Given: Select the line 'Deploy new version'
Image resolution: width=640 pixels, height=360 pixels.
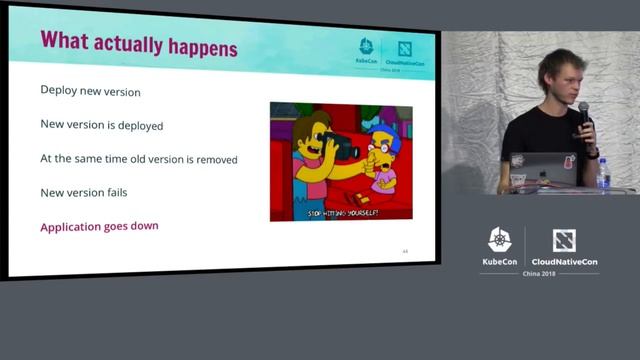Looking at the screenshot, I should (x=90, y=91).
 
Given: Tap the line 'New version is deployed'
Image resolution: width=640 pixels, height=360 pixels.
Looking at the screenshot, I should (x=101, y=126).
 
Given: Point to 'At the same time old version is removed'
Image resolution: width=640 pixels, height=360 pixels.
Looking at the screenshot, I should (x=139, y=159).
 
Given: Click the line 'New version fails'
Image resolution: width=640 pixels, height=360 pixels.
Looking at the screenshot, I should (x=83, y=192).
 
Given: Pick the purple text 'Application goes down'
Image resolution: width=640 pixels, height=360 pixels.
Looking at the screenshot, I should (x=99, y=226).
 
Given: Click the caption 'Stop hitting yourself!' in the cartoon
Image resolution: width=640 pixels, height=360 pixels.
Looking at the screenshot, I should (x=342, y=213).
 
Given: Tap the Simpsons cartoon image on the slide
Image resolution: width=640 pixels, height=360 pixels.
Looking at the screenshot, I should (x=341, y=161).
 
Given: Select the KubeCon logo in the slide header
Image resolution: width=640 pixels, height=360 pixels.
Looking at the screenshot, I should (x=367, y=51).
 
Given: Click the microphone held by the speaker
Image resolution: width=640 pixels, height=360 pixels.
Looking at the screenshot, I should (x=583, y=112).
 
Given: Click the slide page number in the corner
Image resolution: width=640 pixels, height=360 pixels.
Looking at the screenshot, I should (x=405, y=251).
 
